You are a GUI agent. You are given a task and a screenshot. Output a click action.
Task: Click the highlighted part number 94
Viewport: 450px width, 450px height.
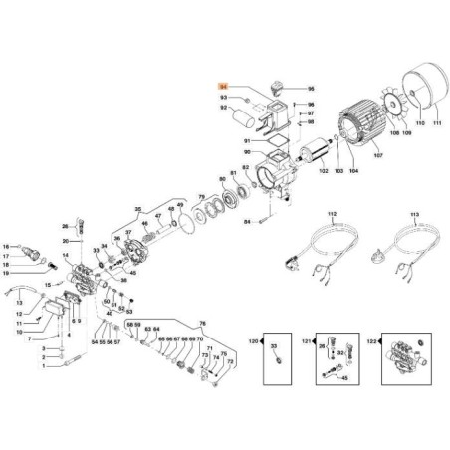(222, 88)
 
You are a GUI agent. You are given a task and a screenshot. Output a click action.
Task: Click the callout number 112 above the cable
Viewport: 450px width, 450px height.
(335, 215)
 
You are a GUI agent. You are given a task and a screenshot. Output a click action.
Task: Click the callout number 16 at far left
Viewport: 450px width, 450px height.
(5, 246)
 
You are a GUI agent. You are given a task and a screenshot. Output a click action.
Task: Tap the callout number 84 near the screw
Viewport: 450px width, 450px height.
(247, 222)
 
